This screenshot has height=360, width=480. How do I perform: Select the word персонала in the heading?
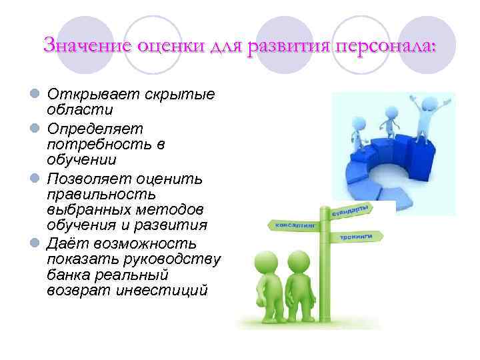[386, 46]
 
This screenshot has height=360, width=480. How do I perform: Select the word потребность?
[98, 143]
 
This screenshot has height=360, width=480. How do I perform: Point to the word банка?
[69, 275]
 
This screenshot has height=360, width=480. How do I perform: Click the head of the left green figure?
[266, 261]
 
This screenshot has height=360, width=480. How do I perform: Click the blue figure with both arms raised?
[420, 117]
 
